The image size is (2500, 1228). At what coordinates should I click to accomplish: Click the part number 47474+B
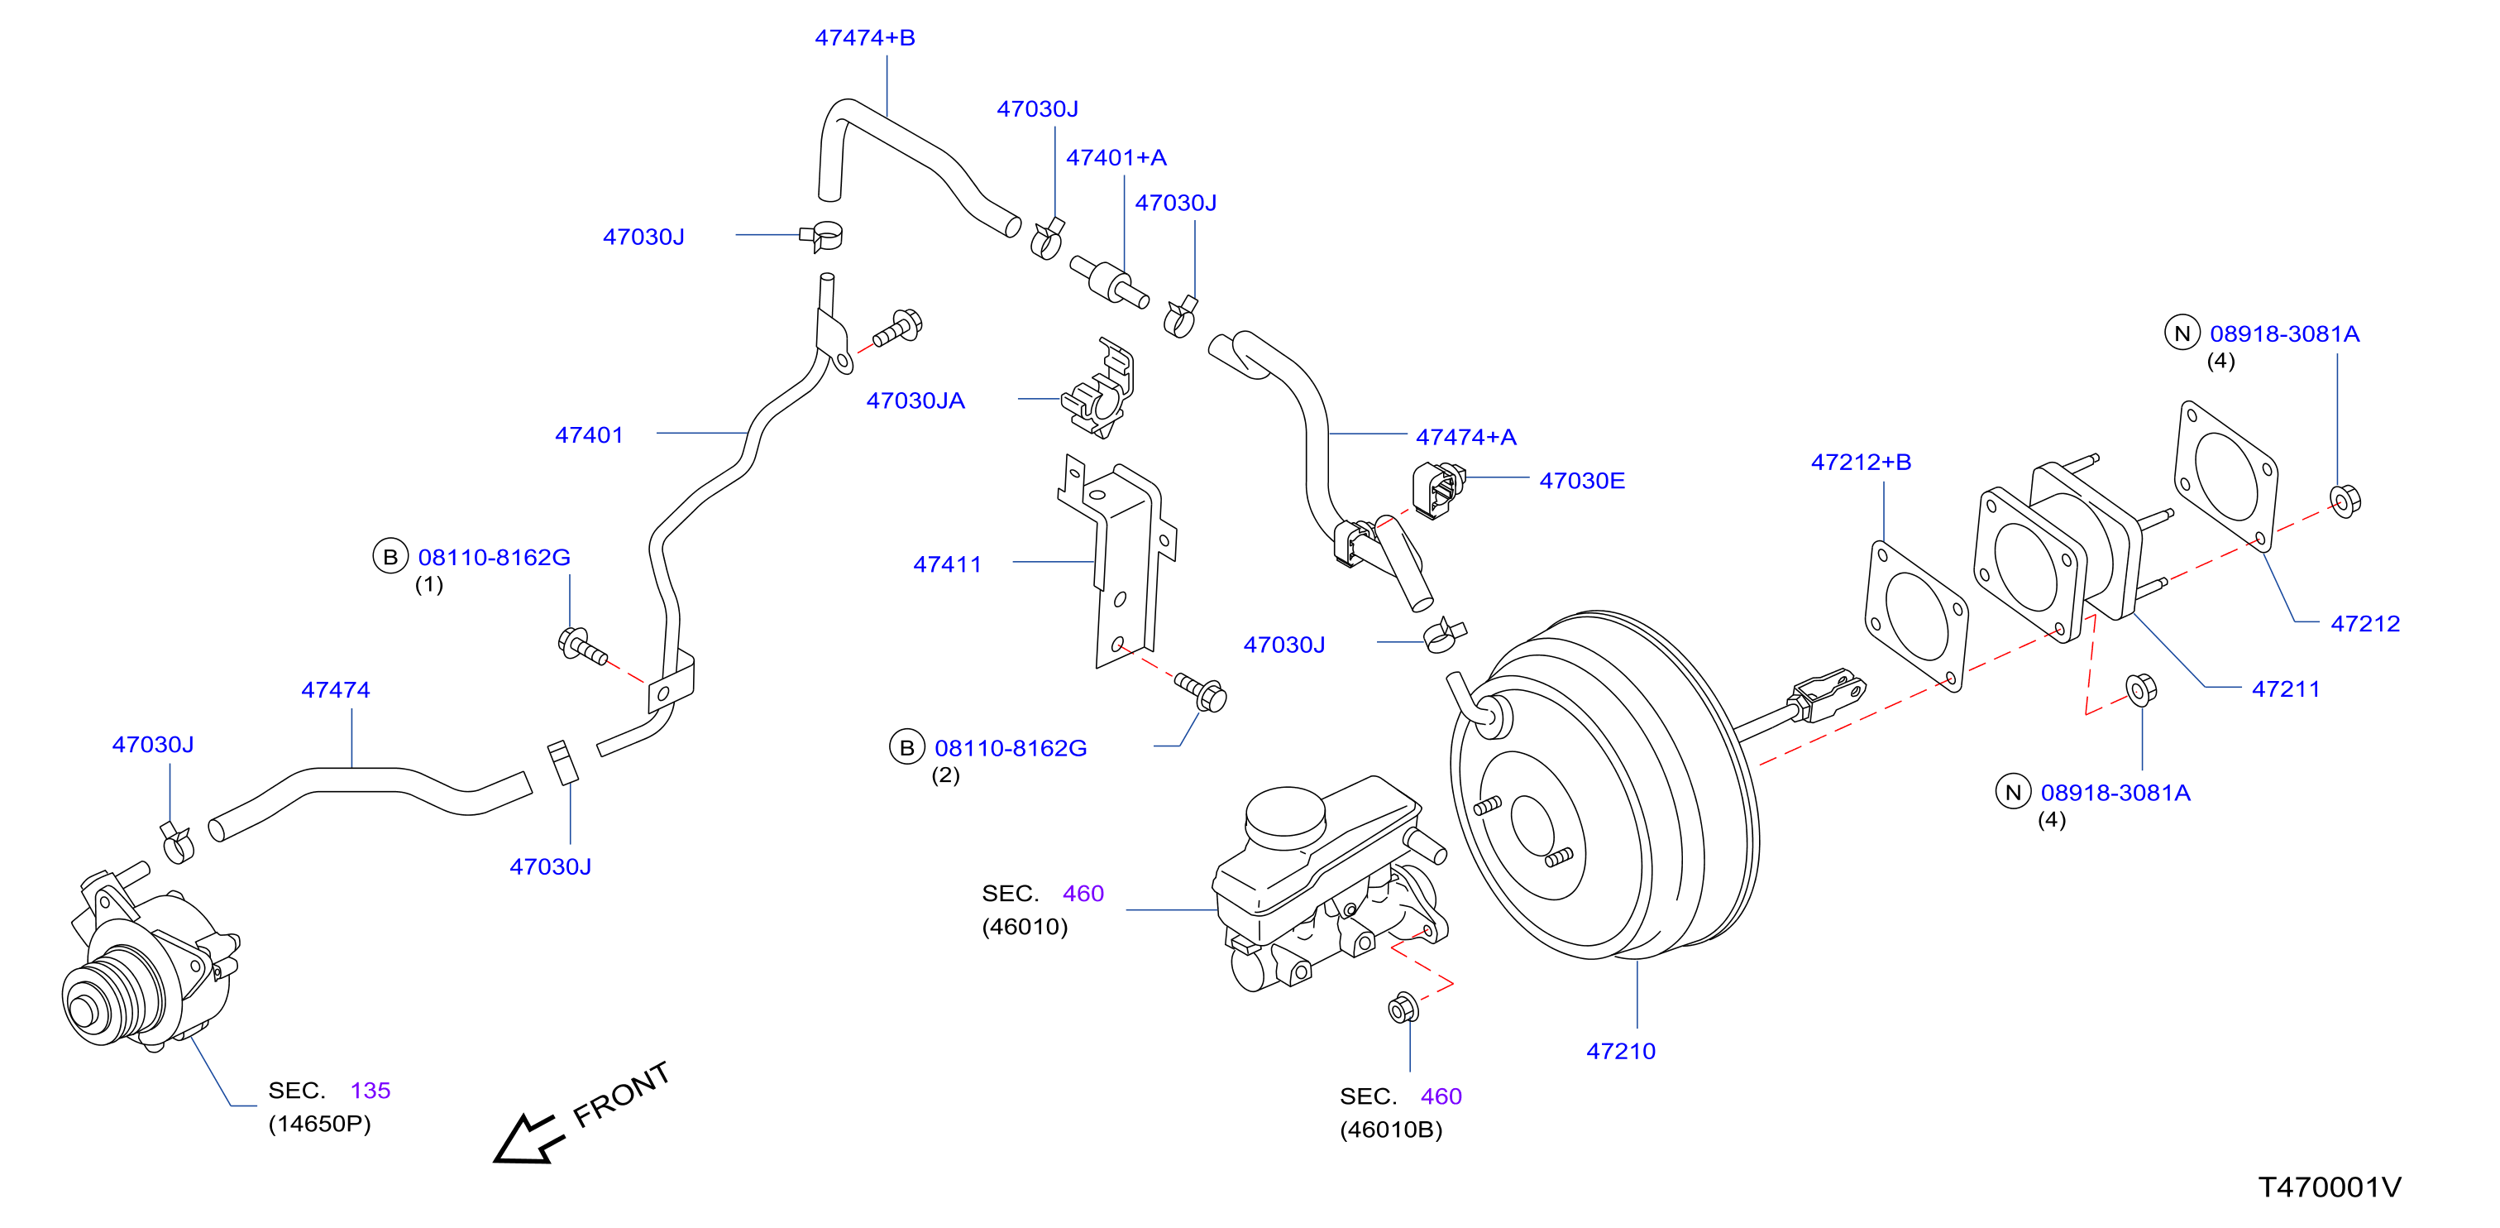[865, 38]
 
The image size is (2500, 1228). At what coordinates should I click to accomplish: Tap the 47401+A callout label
[1116, 157]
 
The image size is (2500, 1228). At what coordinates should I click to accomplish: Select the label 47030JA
[915, 401]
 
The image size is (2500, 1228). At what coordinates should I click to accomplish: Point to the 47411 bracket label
[947, 564]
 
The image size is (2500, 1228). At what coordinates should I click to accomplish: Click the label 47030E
[1582, 481]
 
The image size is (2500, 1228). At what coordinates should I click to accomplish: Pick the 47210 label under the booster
[1621, 1050]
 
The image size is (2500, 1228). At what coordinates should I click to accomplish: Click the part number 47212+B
[1862, 462]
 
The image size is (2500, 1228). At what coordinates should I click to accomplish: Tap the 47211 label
[2286, 689]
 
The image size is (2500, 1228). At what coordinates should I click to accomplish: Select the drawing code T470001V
[2329, 1187]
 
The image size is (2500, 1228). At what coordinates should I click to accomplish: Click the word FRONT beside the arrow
[621, 1094]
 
